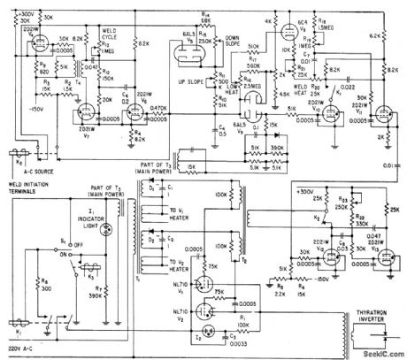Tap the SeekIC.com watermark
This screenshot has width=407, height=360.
[376, 351]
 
